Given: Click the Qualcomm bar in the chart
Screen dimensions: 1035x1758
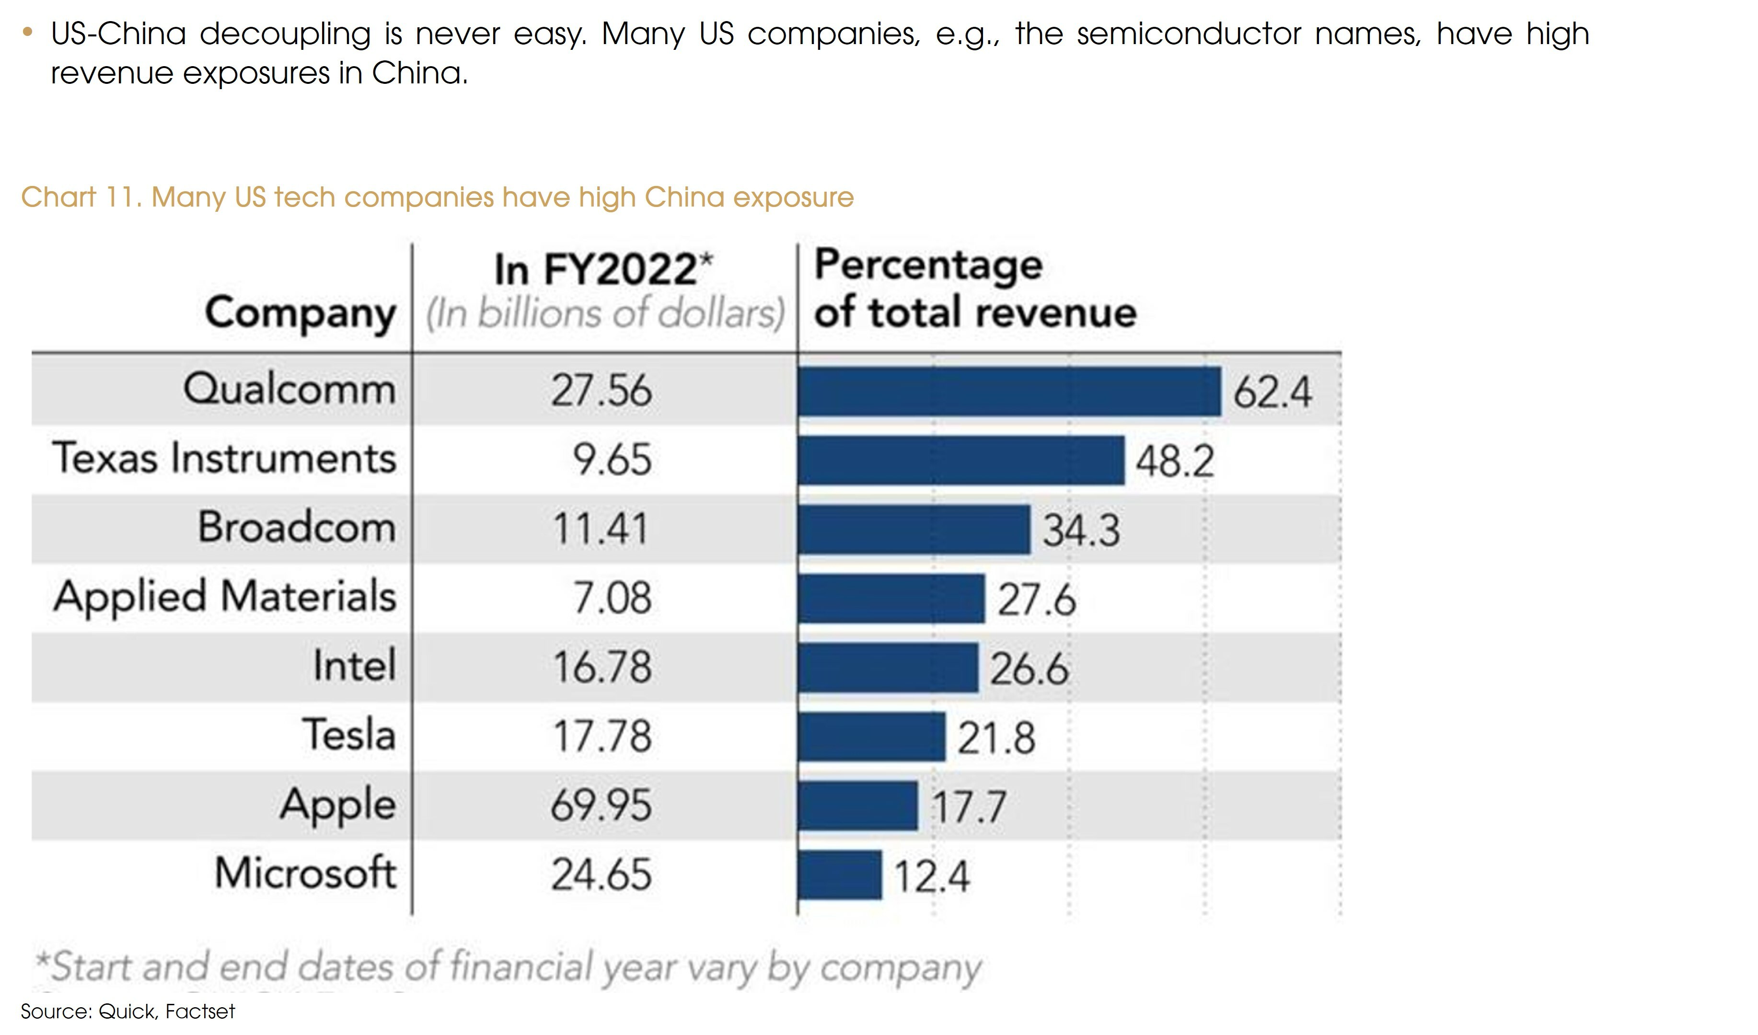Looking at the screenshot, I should point(1009,391).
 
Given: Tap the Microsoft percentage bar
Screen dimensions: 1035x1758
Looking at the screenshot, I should point(839,874).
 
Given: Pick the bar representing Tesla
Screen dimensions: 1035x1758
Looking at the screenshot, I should point(871,736).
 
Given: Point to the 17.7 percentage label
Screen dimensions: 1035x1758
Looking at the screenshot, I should point(968,807).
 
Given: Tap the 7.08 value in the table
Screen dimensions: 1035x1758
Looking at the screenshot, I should point(612,598).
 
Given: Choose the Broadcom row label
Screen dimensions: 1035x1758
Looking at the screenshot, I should point(297,527).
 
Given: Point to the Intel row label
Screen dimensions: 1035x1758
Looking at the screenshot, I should point(354,666).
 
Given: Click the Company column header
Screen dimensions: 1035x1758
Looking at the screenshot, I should point(300,313).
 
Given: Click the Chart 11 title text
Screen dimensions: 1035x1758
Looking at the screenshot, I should point(437,197).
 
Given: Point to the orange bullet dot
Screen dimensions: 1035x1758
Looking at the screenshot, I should point(27,31).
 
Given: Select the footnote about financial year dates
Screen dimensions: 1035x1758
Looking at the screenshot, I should point(508,967).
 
